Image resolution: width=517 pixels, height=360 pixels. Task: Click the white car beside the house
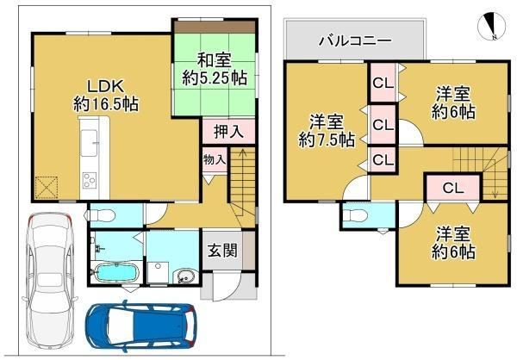[49, 281]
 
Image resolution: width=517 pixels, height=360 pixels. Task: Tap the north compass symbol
[492, 26]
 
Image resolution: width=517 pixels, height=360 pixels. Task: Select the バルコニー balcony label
[355, 40]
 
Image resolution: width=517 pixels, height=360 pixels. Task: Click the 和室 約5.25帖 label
[215, 70]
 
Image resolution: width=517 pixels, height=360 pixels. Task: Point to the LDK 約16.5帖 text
[105, 96]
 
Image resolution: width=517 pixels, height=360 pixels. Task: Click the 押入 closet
[228, 132]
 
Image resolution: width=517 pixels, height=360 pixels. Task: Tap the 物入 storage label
[215, 159]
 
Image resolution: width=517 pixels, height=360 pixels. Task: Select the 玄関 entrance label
[223, 251]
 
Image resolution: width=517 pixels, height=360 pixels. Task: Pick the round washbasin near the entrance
[184, 276]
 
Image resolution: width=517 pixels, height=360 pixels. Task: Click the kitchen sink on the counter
[89, 143]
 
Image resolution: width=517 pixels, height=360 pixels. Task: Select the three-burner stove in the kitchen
[90, 180]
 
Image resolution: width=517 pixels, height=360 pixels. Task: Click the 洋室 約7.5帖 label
[327, 131]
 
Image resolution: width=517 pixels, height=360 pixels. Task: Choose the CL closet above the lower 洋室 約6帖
[453, 188]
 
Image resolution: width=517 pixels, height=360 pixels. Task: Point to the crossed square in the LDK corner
[47, 188]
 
